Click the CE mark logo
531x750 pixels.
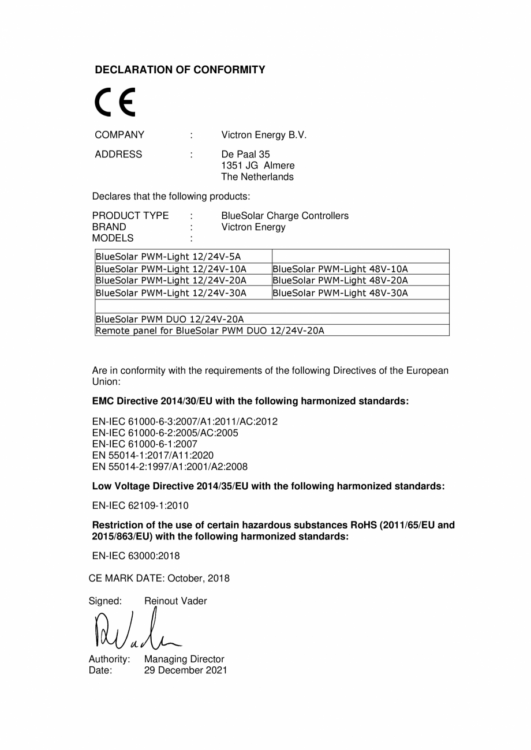pyautogui.click(x=115, y=103)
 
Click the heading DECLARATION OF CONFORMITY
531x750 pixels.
pyautogui.click(x=180, y=70)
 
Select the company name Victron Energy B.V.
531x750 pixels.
pyautogui.click(x=264, y=135)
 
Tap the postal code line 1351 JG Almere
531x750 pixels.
pyautogui.click(x=257, y=166)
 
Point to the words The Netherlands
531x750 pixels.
pyautogui.click(x=257, y=177)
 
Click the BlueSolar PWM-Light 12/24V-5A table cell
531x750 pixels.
pyautogui.click(x=168, y=257)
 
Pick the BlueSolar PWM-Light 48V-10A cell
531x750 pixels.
pyautogui.click(x=340, y=269)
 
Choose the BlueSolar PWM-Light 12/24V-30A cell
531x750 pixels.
pyautogui.click(x=171, y=293)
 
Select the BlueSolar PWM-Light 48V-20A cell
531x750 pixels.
pyautogui.click(x=340, y=280)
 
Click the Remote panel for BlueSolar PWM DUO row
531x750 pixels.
pyautogui.click(x=210, y=331)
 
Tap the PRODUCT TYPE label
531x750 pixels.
pyautogui.click(x=130, y=216)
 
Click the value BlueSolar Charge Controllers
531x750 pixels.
pyautogui.click(x=285, y=216)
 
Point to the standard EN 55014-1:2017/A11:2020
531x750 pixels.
pyautogui.click(x=153, y=455)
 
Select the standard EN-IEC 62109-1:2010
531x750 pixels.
pyautogui.click(x=140, y=506)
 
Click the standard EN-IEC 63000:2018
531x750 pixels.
pyautogui.click(x=136, y=556)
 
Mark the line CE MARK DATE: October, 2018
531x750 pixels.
pyautogui.click(x=159, y=578)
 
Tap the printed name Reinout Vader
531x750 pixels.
pyautogui.click(x=175, y=601)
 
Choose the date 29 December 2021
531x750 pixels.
pyautogui.click(x=185, y=670)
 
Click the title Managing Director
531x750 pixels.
pyautogui.click(x=184, y=659)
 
